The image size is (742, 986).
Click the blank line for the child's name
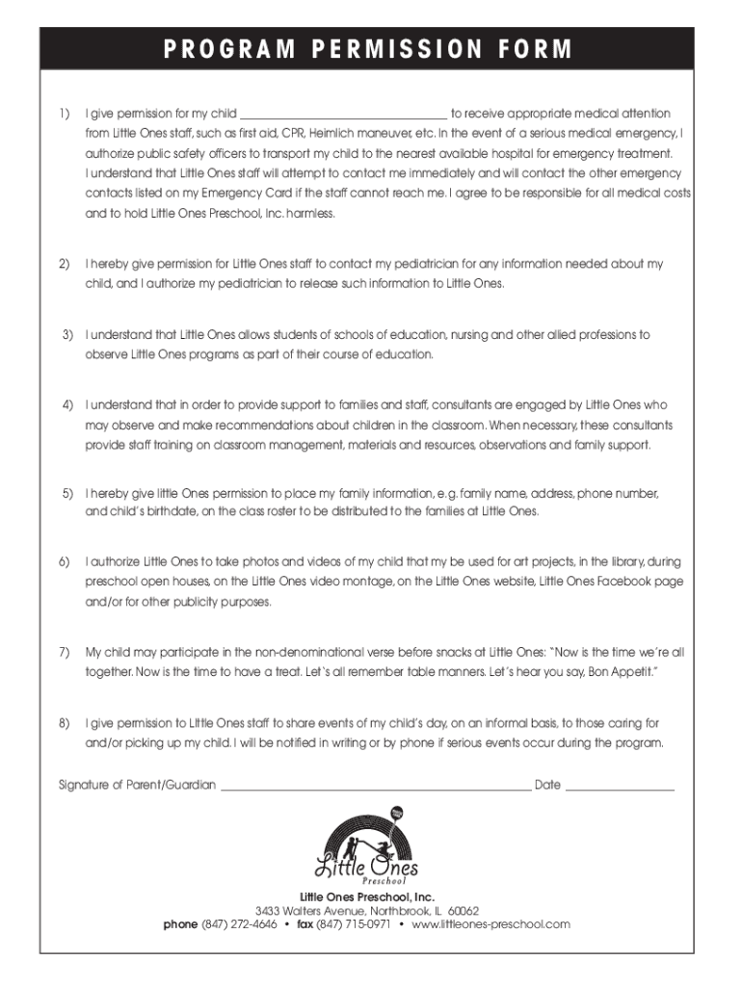tap(343, 116)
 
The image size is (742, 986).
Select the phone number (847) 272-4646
tap(239, 924)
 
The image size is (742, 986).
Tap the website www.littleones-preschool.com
tap(490, 924)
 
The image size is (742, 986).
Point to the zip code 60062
tap(464, 911)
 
